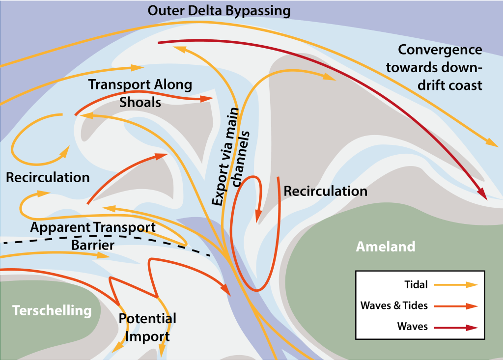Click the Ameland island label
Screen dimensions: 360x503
pos(386,246)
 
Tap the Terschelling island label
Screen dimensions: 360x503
pos(52,310)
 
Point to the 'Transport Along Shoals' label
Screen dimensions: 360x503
pos(140,93)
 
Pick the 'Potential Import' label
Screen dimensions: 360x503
pos(147,328)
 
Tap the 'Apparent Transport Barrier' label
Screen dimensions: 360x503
pos(93,236)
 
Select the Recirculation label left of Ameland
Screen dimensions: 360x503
pos(325,191)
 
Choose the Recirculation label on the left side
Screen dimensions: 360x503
pos(48,177)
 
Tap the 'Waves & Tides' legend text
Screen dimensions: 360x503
pos(394,305)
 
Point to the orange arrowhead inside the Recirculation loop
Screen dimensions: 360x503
pos(257,216)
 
